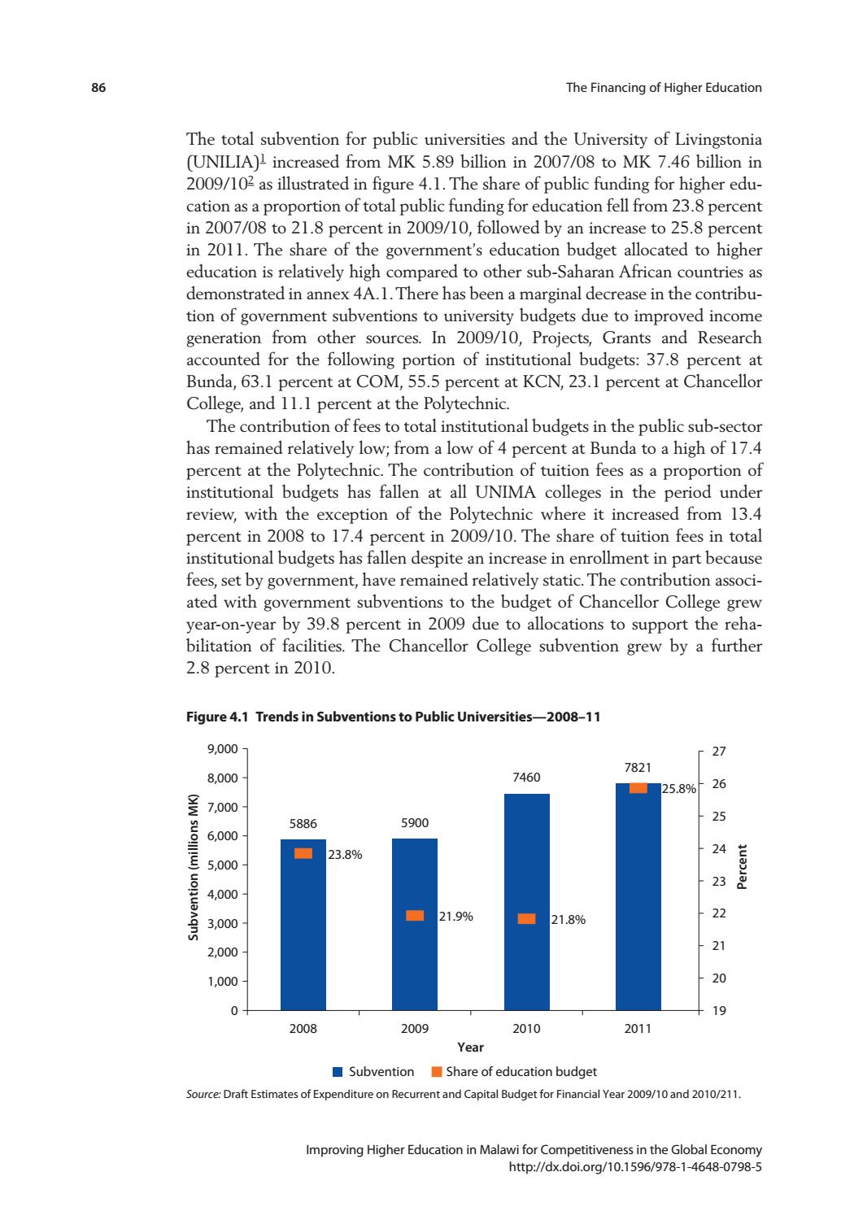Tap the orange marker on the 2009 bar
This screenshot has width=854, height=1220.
(x=415, y=916)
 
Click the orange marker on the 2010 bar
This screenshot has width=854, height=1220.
(x=527, y=919)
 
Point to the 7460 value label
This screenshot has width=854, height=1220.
(x=526, y=778)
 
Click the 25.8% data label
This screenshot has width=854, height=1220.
(x=679, y=788)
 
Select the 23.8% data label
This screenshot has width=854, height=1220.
(x=345, y=855)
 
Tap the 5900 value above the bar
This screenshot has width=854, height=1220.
(x=415, y=823)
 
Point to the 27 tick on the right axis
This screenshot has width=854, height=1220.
(x=718, y=752)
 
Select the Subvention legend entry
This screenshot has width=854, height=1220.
(x=373, y=1072)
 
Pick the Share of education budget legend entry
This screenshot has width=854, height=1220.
(x=514, y=1072)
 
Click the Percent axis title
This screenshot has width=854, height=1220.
(x=742, y=867)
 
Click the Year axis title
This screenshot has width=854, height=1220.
(x=470, y=1048)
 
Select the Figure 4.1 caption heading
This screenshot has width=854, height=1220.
(x=394, y=717)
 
